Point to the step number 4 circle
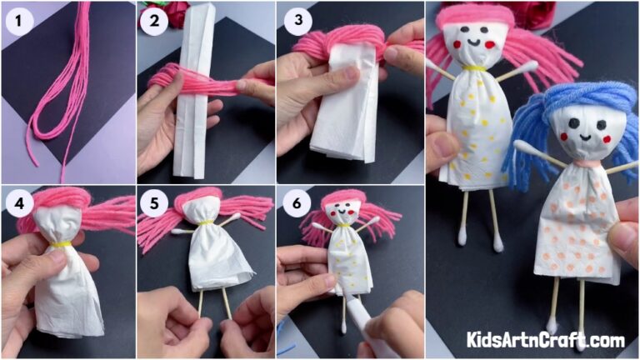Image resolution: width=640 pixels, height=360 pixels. tap(18, 203)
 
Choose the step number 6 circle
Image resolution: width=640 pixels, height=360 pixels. tap(294, 203)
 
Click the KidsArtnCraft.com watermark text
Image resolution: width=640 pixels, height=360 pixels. tap(546, 340)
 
